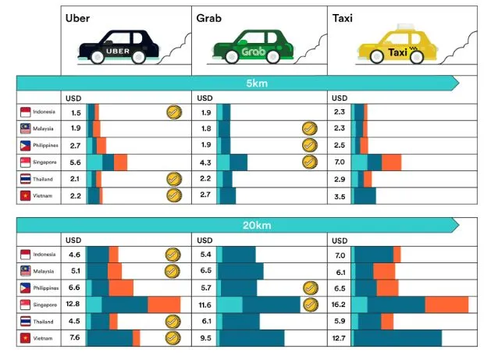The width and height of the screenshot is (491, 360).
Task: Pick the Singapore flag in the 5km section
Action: pos(25,162)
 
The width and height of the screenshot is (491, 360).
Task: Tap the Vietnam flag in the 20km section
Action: pos(25,338)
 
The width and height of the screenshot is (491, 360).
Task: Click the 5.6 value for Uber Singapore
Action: pos(76,162)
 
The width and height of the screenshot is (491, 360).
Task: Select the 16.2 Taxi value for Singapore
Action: pos(340,305)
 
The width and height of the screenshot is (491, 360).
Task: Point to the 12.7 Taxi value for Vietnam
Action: pos(340,338)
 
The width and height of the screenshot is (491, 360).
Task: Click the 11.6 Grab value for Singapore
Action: pos(206,305)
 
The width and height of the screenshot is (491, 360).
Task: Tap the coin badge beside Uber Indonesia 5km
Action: pos(173,112)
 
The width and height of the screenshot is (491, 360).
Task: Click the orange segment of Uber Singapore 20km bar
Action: pos(164,305)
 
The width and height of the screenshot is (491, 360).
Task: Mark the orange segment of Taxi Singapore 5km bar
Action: pos(391,162)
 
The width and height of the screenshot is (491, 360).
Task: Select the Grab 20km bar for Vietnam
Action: pos(251,338)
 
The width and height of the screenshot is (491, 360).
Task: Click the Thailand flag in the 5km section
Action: pos(25,179)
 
